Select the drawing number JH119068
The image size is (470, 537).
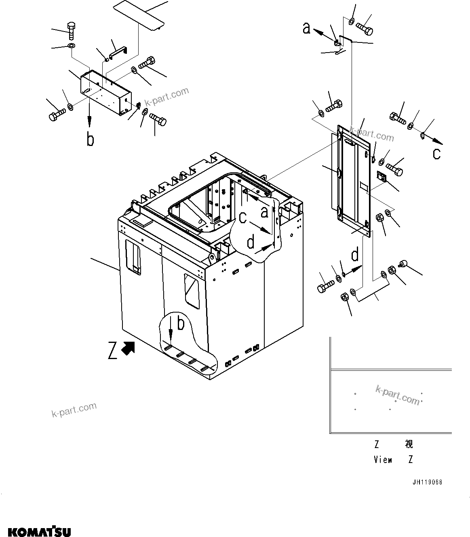[427, 482]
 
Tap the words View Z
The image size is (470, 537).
[393, 460]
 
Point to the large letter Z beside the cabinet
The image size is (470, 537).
[113, 350]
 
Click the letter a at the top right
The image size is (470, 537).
[307, 28]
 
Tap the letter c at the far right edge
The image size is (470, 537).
[437, 154]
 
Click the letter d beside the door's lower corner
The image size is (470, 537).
[355, 255]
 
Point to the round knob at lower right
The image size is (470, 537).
[403, 264]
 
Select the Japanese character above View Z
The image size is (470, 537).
[409, 444]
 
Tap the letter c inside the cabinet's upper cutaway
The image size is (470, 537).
[242, 218]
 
